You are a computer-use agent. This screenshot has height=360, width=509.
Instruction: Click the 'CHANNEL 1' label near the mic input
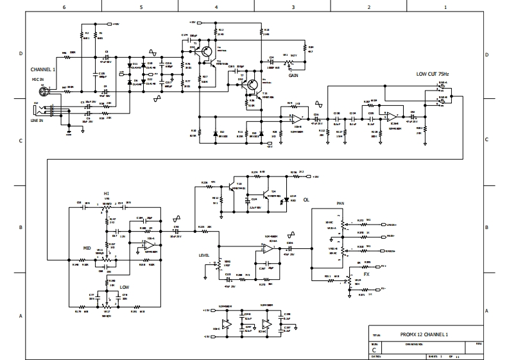tap(43, 69)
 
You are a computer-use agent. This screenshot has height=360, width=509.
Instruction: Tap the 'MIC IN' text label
tap(39, 79)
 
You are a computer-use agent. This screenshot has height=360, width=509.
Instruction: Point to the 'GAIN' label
tap(293, 75)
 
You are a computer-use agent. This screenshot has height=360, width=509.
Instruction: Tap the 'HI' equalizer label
tap(107, 193)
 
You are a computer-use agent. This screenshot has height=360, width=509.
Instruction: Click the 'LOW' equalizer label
tap(125, 287)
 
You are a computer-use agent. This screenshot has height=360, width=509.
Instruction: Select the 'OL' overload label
tap(306, 200)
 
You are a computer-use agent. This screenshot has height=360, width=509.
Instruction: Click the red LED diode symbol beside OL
tap(293, 200)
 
